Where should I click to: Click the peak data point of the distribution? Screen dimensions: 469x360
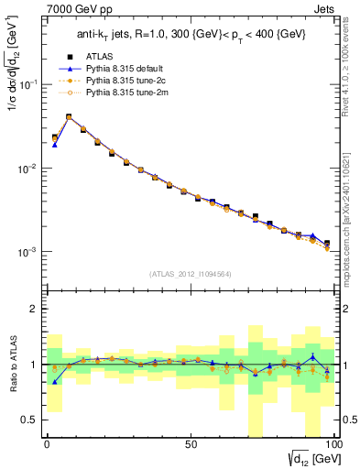tap(69, 117)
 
